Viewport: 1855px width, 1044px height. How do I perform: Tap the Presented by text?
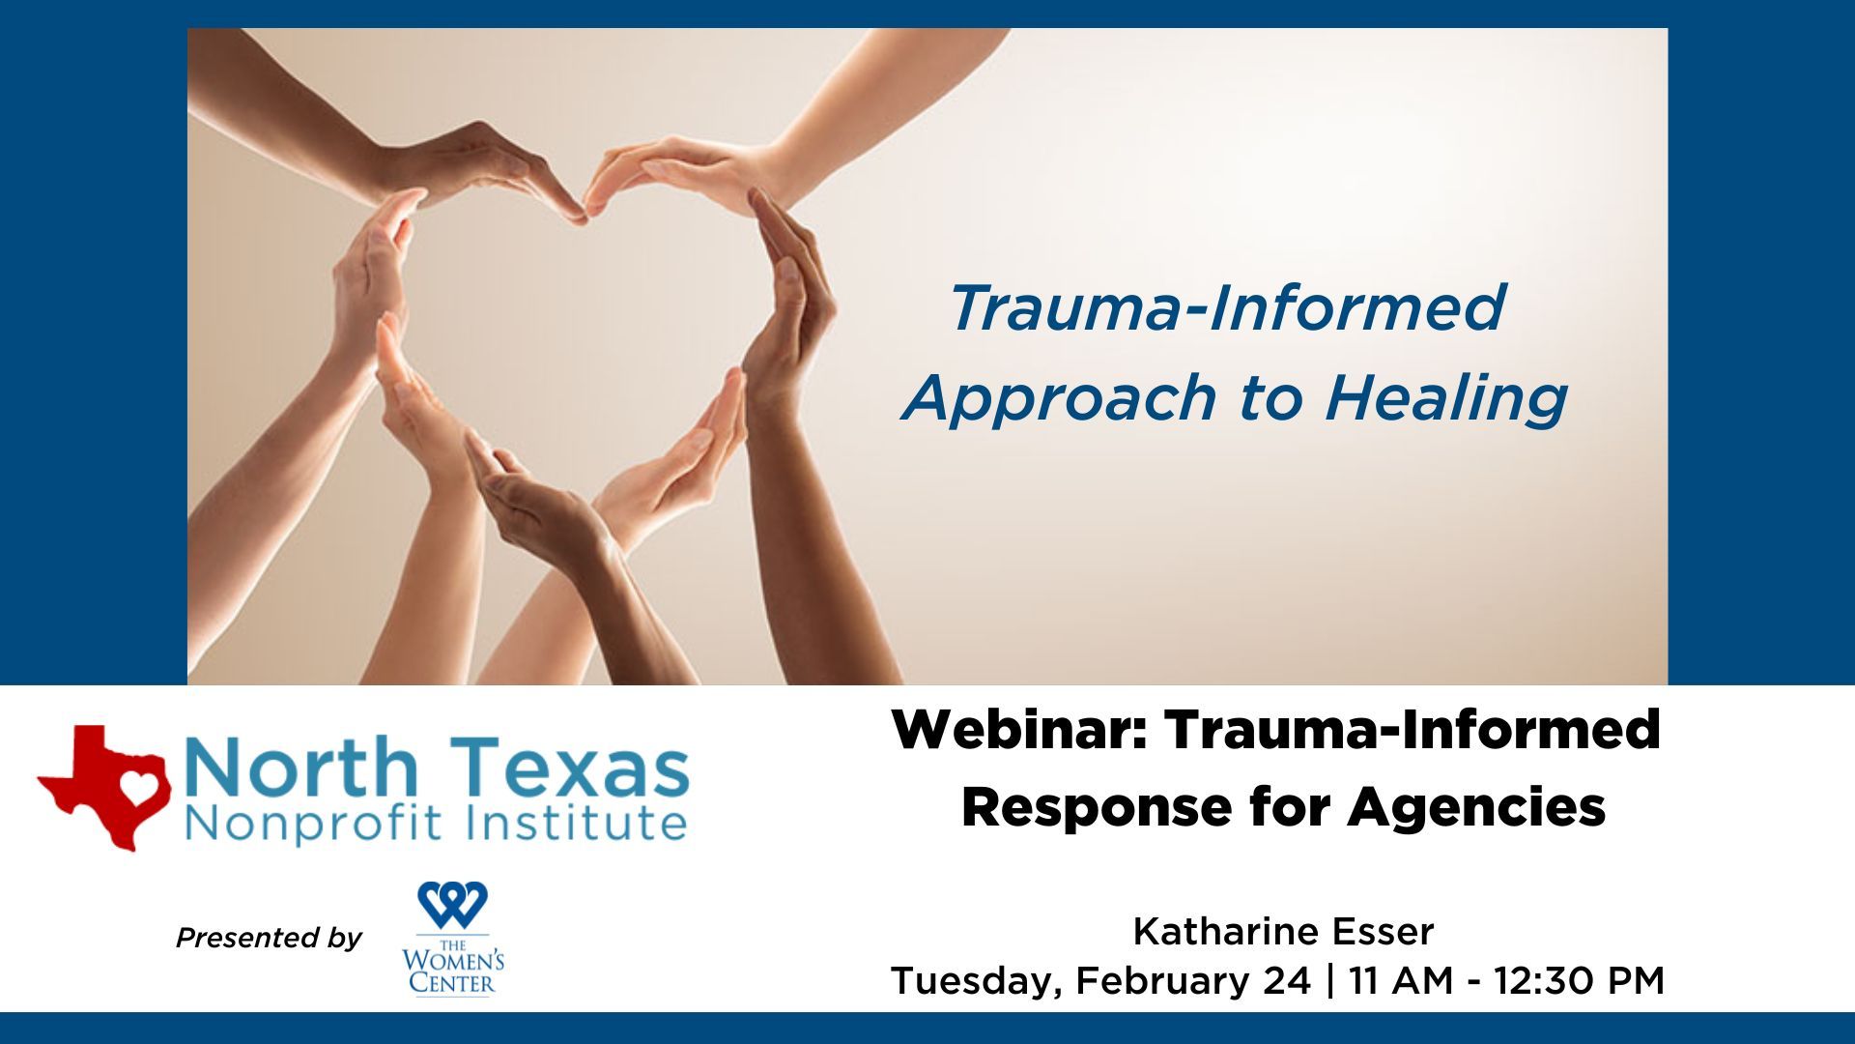click(x=269, y=938)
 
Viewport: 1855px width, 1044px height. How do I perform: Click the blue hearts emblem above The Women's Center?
click(x=452, y=905)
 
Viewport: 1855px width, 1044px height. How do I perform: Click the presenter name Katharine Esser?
click(x=1283, y=932)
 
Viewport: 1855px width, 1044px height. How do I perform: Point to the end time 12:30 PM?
click(x=1580, y=981)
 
